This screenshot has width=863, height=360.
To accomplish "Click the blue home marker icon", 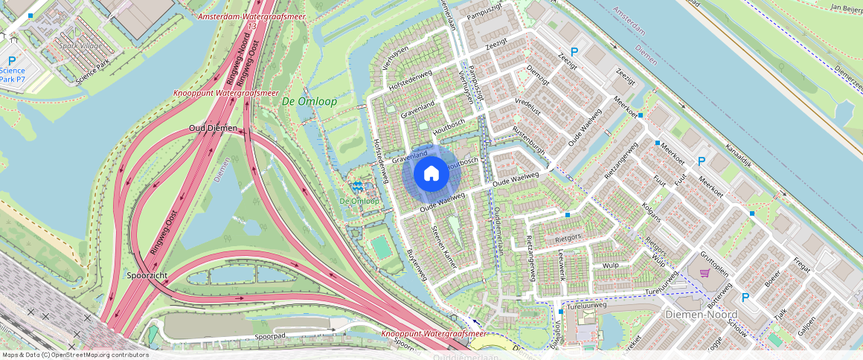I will point(431,173).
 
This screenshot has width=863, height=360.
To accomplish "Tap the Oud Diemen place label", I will point(212,128).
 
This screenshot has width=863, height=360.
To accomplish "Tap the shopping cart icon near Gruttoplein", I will point(704,273).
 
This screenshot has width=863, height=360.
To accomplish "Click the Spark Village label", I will point(80,45).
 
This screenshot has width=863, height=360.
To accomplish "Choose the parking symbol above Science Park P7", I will point(12,60).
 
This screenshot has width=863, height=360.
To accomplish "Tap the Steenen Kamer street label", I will point(445,244).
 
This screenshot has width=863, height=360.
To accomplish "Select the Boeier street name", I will point(772,283).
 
